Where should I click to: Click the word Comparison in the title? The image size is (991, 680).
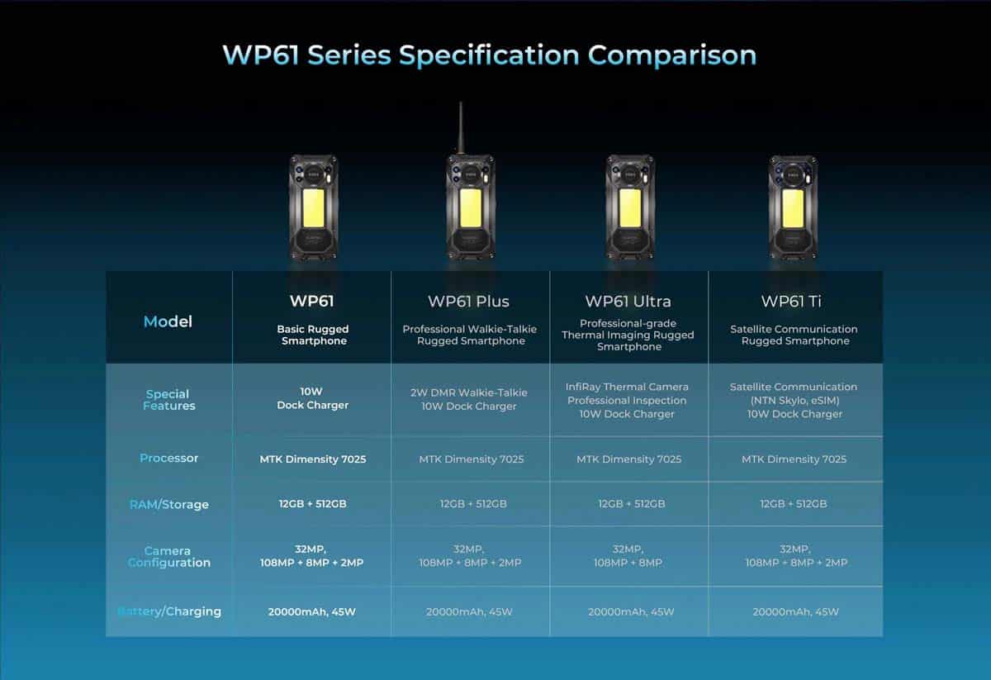pos(672,56)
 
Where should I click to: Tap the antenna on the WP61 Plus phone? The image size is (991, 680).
pos(461,128)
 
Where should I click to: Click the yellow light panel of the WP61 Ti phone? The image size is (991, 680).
pos(793,208)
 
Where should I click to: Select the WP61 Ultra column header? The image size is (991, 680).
pos(628,302)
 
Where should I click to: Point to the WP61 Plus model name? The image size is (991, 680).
pos(468,302)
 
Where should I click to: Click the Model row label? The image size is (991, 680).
pos(168,321)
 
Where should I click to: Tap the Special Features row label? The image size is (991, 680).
pos(168,400)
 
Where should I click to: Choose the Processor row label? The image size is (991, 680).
pos(169,459)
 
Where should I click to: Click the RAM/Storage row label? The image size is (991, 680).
pos(169,504)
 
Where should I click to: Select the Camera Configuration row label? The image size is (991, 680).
pos(169,557)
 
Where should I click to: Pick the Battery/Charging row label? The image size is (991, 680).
pos(169,611)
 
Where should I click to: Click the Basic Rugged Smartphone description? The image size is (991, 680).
pos(313,335)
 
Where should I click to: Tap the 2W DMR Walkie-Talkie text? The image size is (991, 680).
pos(469,392)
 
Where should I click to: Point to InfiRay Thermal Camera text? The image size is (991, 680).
pos(627,387)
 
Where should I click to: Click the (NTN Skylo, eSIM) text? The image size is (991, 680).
pos(794,401)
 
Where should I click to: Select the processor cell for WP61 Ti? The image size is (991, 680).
pos(794,459)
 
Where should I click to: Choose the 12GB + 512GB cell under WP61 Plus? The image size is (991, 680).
pos(473,504)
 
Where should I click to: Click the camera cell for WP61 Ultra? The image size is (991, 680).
pos(628,556)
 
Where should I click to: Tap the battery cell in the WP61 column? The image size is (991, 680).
pos(312,611)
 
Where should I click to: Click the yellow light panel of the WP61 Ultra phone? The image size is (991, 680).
pos(630,208)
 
